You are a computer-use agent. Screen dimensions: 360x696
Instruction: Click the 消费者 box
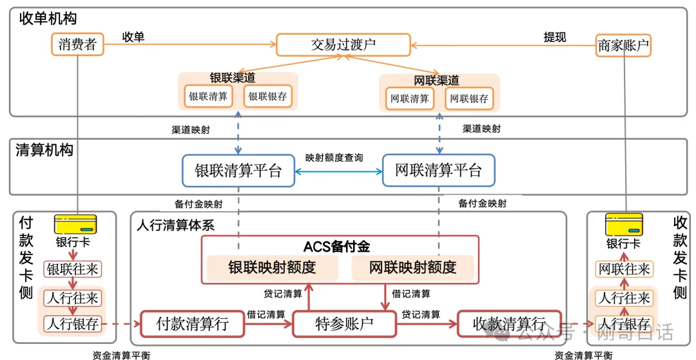pyautogui.click(x=77, y=44)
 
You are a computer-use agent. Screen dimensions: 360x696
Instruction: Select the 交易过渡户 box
pyautogui.click(x=343, y=44)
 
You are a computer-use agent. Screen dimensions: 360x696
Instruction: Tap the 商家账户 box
pyautogui.click(x=623, y=45)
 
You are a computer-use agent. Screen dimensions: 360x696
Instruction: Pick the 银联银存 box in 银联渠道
pyautogui.click(x=267, y=97)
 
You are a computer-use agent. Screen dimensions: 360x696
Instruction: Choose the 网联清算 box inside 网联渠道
pyautogui.click(x=409, y=99)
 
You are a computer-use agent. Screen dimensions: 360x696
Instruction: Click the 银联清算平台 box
pyautogui.click(x=238, y=171)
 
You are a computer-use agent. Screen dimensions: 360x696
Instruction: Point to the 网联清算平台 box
pyautogui.click(x=438, y=171)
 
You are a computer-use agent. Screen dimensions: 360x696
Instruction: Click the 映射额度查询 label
pyautogui.click(x=334, y=157)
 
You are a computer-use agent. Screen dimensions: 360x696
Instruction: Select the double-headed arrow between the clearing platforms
pyautogui.click(x=338, y=171)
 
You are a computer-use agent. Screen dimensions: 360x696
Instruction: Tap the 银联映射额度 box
pyautogui.click(x=272, y=267)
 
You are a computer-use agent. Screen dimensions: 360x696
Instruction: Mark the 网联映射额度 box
pyautogui.click(x=412, y=267)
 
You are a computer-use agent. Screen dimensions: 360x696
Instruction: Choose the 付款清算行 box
pyautogui.click(x=192, y=323)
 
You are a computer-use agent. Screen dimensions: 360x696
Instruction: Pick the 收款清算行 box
pyautogui.click(x=509, y=323)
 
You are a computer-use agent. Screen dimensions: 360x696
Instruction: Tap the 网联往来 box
pyautogui.click(x=624, y=269)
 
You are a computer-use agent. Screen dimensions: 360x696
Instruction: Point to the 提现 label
pyautogui.click(x=554, y=37)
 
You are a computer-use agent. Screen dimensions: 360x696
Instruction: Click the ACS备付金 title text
pyautogui.click(x=336, y=247)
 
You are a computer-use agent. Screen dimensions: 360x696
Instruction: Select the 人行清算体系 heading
pyautogui.click(x=175, y=225)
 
